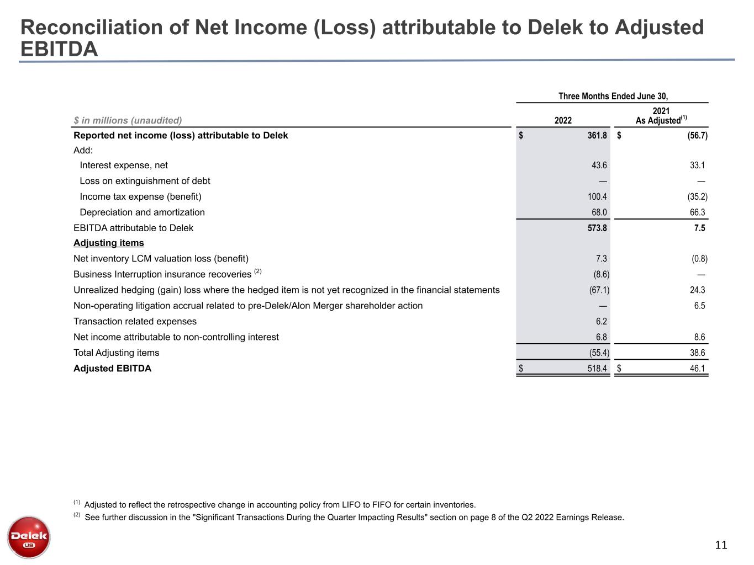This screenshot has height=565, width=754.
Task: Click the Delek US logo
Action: tap(29, 537)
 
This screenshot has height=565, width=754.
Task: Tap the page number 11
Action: tap(721, 546)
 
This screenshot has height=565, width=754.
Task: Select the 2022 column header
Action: tap(563, 120)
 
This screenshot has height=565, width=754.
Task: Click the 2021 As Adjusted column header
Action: tap(661, 116)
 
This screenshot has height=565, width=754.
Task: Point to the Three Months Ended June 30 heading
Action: tap(613, 96)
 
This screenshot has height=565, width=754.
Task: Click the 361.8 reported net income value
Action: tap(597, 136)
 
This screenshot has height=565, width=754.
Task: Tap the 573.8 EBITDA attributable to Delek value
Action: tap(597, 228)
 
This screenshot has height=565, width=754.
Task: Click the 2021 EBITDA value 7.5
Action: tap(699, 228)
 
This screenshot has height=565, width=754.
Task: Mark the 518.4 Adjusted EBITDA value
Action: tap(597, 369)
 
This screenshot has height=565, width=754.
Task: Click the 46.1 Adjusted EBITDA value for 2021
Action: tap(698, 369)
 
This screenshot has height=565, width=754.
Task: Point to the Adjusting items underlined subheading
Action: tap(109, 243)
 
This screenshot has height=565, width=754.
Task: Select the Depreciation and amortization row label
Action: tap(142, 212)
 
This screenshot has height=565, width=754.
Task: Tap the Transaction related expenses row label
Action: tap(135, 322)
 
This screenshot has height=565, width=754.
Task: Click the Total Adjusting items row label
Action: tap(116, 353)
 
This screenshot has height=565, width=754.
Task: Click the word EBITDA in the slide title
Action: tap(59, 49)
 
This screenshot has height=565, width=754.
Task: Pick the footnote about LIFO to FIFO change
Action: tap(280, 504)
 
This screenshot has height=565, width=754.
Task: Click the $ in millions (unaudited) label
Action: tap(128, 120)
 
